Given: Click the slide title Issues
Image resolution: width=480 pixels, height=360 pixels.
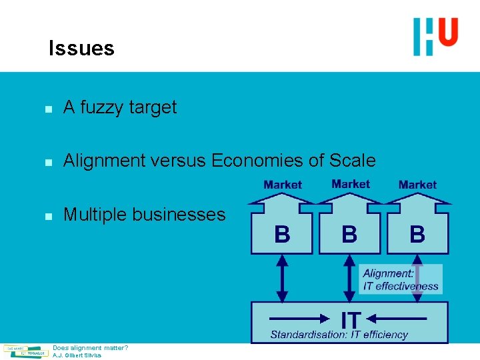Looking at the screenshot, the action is coord(81,48).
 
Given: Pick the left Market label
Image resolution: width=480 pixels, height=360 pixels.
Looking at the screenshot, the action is coord(283,185).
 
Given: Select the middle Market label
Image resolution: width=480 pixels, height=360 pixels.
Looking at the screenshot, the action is coord(351,184).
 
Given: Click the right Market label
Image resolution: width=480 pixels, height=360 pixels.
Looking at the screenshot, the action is coord(417,185).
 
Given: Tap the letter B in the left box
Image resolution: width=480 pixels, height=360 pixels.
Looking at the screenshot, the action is coord(283,234).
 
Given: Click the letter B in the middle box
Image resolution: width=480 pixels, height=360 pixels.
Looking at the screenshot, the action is coord(349,234).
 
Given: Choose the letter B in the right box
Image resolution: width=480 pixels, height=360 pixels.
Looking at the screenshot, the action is coord(417,234).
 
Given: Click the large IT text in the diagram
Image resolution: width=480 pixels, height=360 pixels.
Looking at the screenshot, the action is coord(351,318).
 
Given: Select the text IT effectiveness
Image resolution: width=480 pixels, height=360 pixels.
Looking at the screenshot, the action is coord(401,286).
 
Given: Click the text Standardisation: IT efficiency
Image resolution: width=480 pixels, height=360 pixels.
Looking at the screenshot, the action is coord(339,334).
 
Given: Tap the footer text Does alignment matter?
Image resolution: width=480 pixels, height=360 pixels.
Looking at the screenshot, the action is coord(91,348).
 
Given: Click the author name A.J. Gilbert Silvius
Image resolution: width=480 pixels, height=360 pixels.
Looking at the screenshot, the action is coord(77,355).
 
